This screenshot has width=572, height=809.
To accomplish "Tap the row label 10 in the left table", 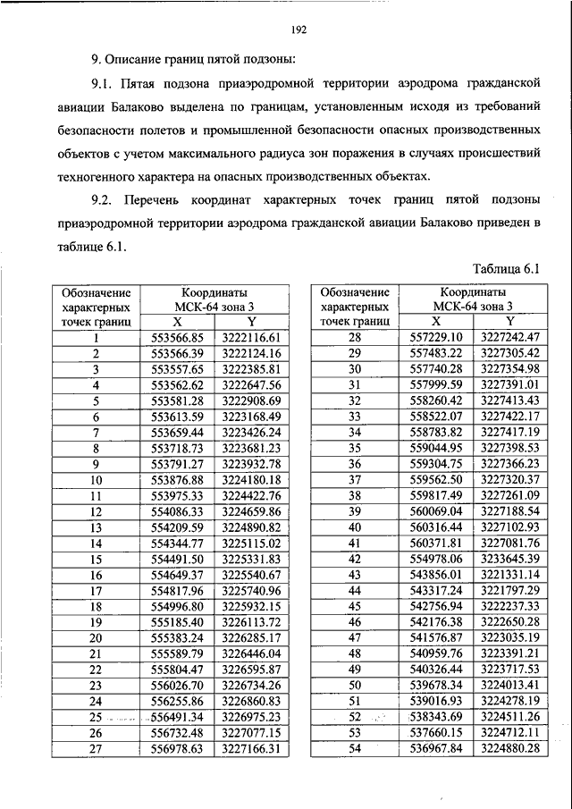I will point(96,479).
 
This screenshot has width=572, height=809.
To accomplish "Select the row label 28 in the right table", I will point(354,337).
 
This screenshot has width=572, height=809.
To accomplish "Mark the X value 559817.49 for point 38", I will point(436,495).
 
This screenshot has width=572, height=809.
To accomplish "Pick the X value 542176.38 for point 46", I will point(436,621).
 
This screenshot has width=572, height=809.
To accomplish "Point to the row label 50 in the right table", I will point(354,685).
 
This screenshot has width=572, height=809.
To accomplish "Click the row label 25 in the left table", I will point(96,717).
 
